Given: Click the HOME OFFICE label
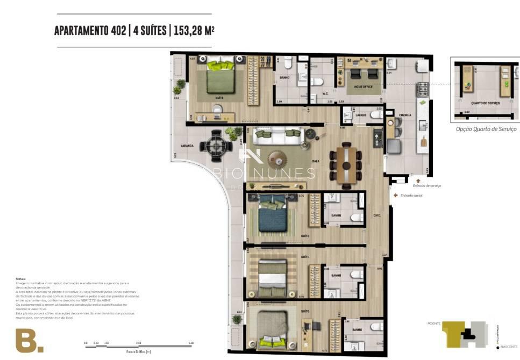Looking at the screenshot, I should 363,87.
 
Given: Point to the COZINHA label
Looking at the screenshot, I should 405,115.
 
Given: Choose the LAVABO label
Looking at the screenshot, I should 360,114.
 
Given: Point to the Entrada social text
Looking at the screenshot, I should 411,196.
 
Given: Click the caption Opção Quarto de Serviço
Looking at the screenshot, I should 486,129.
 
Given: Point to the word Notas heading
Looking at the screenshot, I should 21,279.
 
